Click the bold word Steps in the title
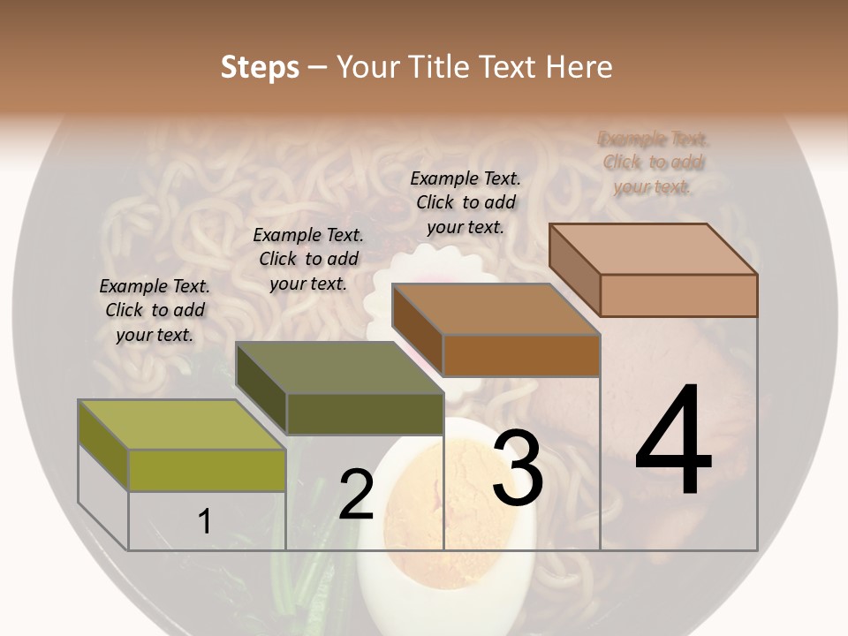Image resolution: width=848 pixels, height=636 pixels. click(260, 67)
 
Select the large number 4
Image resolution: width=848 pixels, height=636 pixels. click(673, 442)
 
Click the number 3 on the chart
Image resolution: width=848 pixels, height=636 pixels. click(517, 470)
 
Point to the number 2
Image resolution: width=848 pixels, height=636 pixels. click(356, 495)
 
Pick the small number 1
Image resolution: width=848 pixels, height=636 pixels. click(205, 521)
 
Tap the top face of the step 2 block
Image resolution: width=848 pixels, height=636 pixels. click(339, 367)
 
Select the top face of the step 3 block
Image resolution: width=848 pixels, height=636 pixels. click(496, 309)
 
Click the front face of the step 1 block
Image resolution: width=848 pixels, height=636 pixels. click(207, 470)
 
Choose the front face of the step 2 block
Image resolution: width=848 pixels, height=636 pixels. click(365, 413)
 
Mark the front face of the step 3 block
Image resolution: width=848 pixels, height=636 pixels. click(521, 355)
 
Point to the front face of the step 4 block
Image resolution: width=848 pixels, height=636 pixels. click(678, 295)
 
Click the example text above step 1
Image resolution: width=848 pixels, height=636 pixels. click(155, 310)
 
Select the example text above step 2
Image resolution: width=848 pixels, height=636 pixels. click(308, 259)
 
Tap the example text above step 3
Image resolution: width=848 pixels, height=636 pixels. click(466, 202)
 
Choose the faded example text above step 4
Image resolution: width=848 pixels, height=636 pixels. click(654, 163)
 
